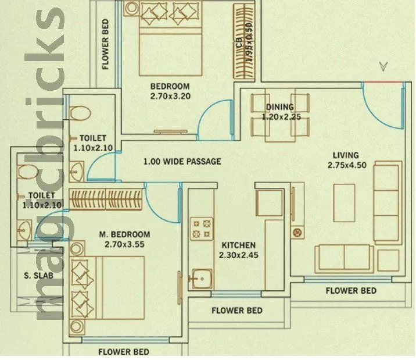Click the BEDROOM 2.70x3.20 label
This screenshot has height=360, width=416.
point(170,91)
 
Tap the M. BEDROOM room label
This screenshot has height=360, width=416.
point(124,239)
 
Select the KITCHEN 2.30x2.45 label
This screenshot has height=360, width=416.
point(237,250)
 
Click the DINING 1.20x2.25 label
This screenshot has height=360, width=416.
point(280,112)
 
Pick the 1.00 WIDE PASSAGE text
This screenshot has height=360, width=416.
point(182,161)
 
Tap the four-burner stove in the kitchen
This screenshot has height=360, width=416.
point(200,228)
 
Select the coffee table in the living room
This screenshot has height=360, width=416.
point(345,202)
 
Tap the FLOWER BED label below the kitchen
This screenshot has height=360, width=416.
point(236,311)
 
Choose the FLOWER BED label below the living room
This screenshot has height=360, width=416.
point(350,290)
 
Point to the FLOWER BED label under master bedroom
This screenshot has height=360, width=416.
point(123,352)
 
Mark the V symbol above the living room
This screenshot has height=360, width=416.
point(383,66)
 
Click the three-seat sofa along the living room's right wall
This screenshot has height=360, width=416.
point(386,204)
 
